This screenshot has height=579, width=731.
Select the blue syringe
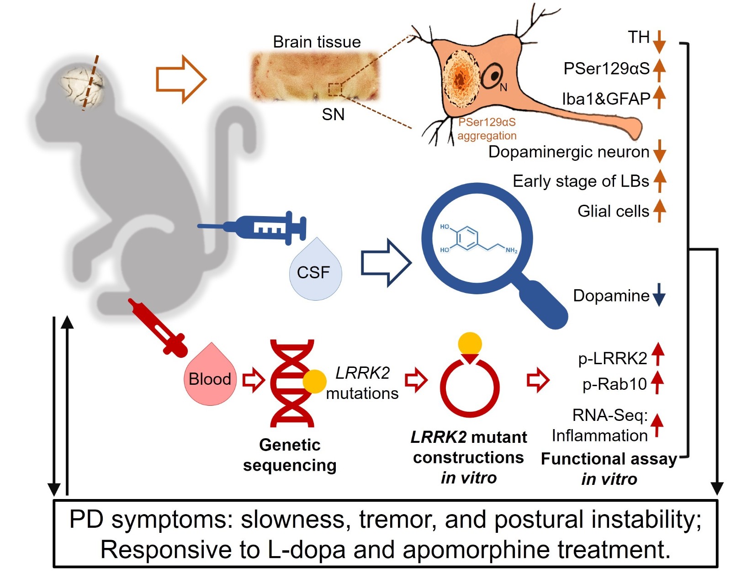coord(253,227)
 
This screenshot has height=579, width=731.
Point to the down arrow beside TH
coord(659,42)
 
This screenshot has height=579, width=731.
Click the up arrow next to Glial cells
coord(659,211)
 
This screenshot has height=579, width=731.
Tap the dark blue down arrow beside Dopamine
coord(659,295)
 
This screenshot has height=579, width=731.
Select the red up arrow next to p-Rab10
coord(657,382)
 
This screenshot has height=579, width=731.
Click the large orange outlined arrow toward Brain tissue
coord(181,79)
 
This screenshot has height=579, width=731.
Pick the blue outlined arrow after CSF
coord(386,263)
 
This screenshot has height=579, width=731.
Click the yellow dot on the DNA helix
coord(314,382)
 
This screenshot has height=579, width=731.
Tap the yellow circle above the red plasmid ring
coord(470,344)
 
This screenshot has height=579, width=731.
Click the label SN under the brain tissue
coord(333,115)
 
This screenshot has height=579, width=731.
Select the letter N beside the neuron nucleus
coord(503,88)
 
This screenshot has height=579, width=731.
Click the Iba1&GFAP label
coord(606,99)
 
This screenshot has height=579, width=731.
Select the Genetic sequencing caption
coord(290,455)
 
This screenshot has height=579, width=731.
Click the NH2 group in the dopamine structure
coord(511,251)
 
